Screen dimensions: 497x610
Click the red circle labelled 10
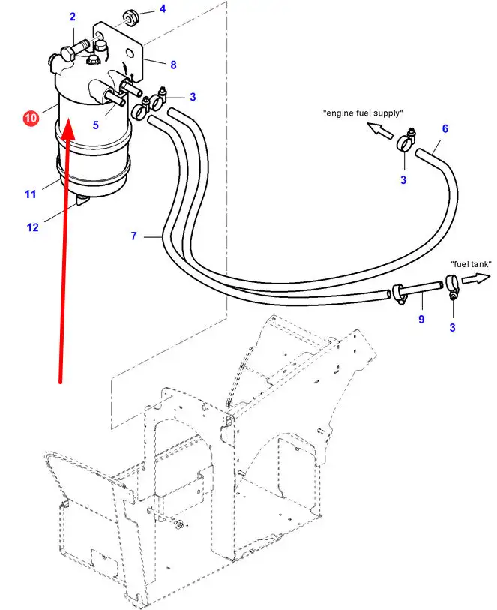click(x=31, y=118)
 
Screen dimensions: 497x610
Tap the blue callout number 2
click(x=73, y=17)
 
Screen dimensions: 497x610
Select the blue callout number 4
click(x=163, y=8)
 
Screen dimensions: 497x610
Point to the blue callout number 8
click(x=174, y=65)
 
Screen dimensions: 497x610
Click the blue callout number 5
click(x=96, y=125)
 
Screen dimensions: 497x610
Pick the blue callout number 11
click(x=31, y=194)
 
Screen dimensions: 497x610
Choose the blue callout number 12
click(x=33, y=227)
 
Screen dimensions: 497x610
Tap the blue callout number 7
click(x=133, y=236)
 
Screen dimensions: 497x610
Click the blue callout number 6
click(x=445, y=128)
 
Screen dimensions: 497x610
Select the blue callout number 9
click(x=421, y=319)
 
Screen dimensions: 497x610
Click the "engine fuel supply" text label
click(x=363, y=113)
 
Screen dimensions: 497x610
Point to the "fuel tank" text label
click(x=471, y=264)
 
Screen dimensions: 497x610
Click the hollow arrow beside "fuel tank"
click(x=476, y=278)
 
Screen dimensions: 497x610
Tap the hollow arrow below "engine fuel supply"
click(x=380, y=130)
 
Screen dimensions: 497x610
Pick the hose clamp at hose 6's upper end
click(x=406, y=142)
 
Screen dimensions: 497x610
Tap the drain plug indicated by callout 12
click(x=82, y=201)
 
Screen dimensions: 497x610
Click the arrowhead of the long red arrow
click(x=68, y=130)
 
